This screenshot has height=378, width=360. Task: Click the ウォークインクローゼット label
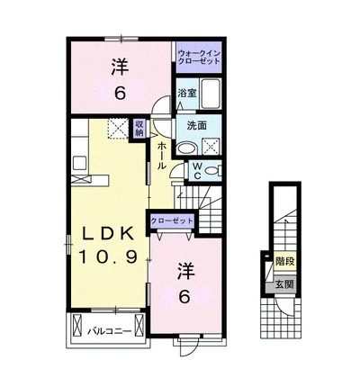click(x=199, y=57)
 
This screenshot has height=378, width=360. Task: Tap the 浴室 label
click(x=186, y=93)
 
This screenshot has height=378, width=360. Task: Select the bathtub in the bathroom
click(x=211, y=94)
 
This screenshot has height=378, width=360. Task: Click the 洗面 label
click(x=197, y=125)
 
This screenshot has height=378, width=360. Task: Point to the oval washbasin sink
click(x=186, y=148)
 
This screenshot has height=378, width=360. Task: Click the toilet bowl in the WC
click(x=212, y=171)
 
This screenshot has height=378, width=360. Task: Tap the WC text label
click(x=197, y=171)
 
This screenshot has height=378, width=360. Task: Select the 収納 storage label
click(x=139, y=128)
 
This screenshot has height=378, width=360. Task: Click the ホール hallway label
click(x=161, y=155)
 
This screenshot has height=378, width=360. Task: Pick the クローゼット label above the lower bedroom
click(x=172, y=221)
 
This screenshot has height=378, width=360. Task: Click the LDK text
click(x=108, y=234)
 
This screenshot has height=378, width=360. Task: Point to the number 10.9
click(x=108, y=256)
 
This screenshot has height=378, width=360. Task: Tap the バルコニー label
click(x=110, y=331)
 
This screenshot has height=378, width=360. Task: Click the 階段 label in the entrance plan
click(x=284, y=262)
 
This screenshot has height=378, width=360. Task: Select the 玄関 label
click(x=284, y=284)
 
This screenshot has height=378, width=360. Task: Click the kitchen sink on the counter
click(x=79, y=163)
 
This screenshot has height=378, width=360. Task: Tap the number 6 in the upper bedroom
click(x=120, y=94)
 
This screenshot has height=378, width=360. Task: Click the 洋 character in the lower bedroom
click(x=185, y=272)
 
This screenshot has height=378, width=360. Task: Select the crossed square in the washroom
click(x=211, y=147)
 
